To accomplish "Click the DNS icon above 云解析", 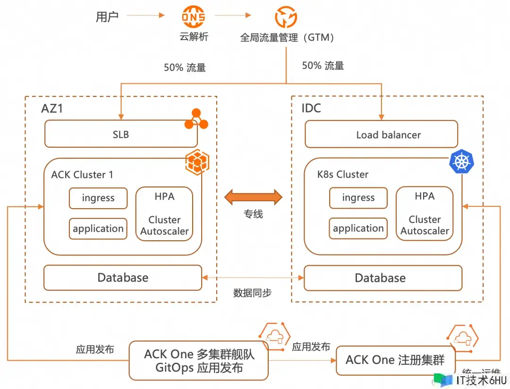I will coord(194,17).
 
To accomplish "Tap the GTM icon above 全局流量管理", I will coord(286,17).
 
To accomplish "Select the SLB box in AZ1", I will coord(121,135).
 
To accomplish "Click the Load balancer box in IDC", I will coord(381,135).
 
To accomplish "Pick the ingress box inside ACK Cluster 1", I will coord(98,198).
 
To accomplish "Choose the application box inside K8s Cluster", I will coord(358,228).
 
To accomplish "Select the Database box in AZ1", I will coord(123,278).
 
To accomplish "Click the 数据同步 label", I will coord(252,293).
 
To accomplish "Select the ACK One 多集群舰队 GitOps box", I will coord(199,361).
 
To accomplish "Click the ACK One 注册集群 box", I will coord(395,361).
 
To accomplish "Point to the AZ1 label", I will coord(52,109).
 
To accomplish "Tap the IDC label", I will coord(311,109).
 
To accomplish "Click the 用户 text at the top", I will coord(107,17).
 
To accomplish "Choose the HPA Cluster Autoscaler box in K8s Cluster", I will coord(425,213).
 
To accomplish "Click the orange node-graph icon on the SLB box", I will coord(196,119).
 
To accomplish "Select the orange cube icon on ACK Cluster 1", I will coord(195,162).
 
